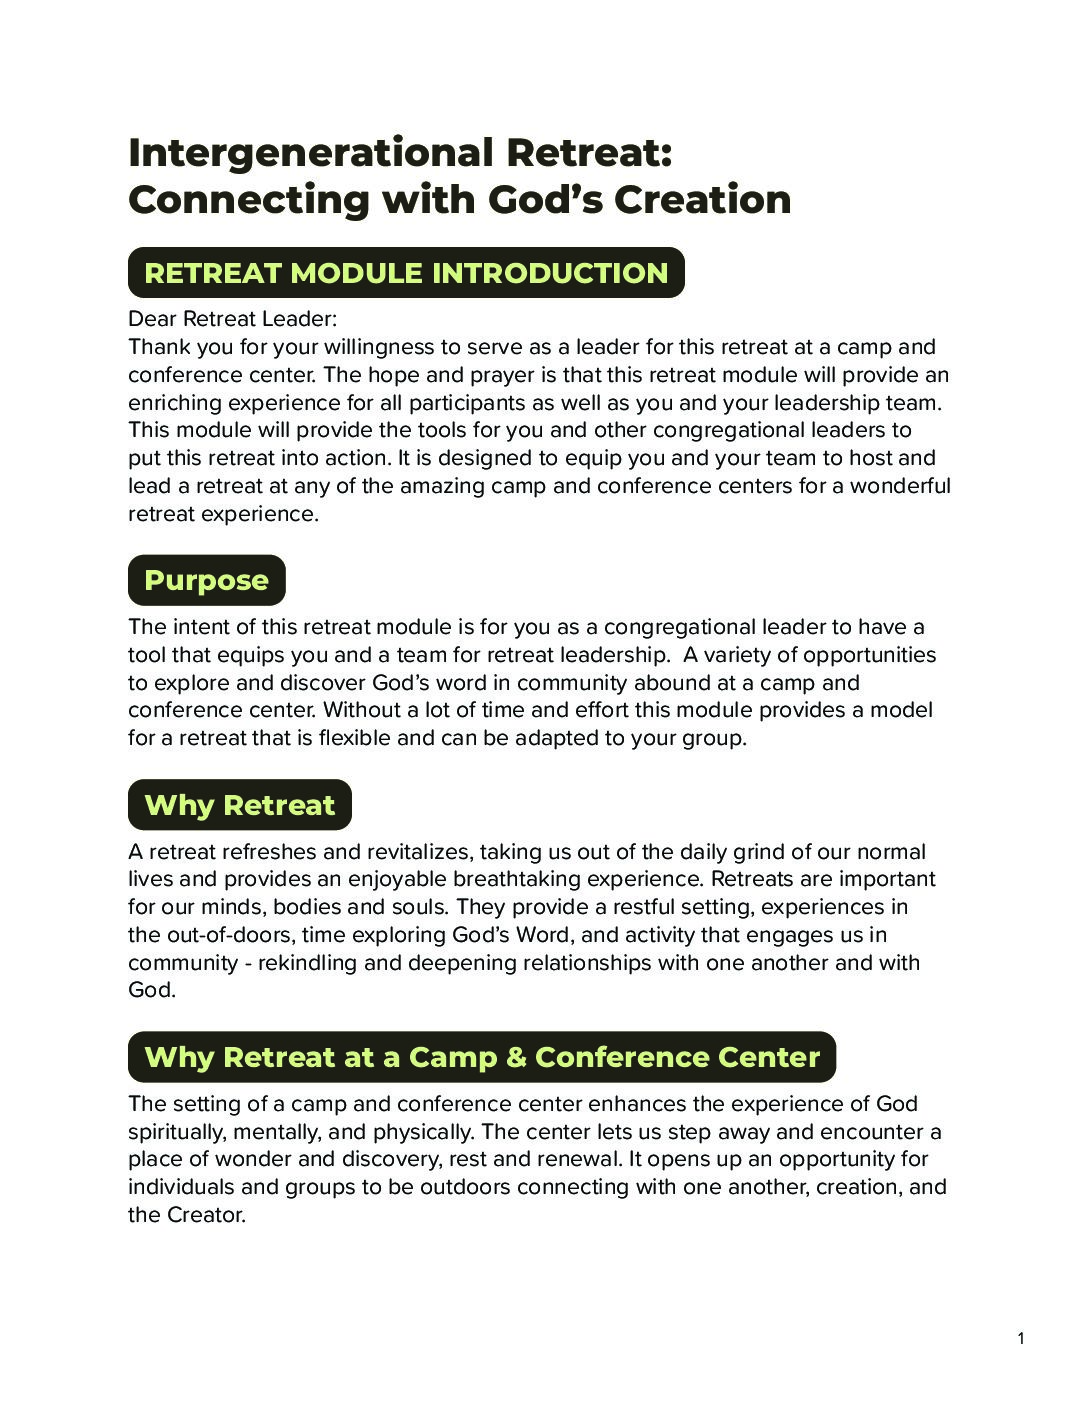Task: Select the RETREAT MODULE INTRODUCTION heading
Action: pos(406,273)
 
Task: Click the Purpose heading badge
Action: pos(206,580)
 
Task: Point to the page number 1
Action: pos(1021,1339)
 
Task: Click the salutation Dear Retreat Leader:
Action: pos(232,319)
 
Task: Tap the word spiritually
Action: pos(177,1132)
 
